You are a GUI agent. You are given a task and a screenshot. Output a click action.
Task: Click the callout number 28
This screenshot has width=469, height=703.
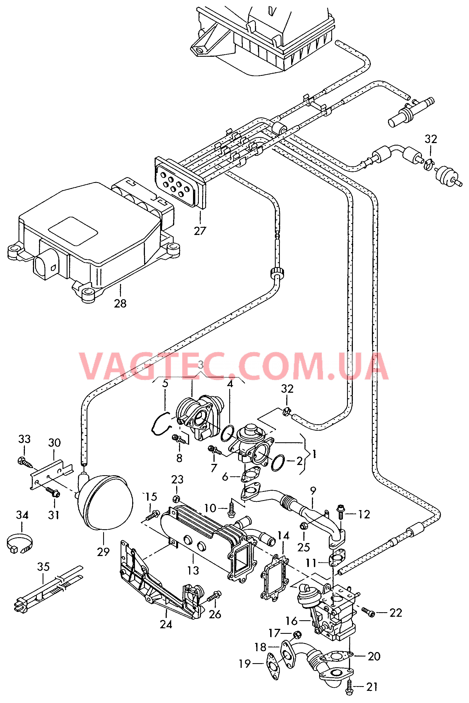(x=120, y=303)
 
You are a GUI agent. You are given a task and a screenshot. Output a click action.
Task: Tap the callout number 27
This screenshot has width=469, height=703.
(x=200, y=231)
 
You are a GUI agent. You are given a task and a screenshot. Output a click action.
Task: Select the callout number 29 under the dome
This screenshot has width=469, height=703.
(x=103, y=552)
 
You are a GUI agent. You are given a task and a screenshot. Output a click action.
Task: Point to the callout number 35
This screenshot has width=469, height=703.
(x=43, y=567)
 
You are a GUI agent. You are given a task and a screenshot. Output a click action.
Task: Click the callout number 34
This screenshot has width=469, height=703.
(x=22, y=515)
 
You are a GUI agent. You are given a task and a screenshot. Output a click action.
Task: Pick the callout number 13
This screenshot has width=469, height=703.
(x=193, y=570)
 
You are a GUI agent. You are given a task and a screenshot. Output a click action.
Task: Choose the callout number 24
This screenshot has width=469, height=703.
(x=166, y=625)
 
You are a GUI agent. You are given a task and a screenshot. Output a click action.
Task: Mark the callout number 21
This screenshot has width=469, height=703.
(x=372, y=687)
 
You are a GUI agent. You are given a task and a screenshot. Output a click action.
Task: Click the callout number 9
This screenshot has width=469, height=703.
(x=313, y=491)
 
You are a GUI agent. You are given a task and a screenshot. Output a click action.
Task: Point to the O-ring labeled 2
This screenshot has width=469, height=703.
(x=278, y=463)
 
